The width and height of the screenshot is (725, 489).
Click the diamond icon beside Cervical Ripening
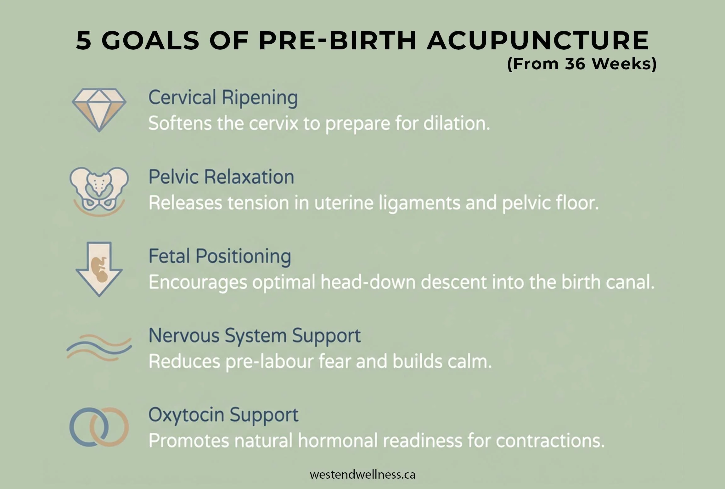[99, 109]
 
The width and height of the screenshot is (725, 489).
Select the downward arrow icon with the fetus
[99, 269]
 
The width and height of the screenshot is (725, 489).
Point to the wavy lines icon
[99, 347]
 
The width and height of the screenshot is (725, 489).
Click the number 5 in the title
[84, 41]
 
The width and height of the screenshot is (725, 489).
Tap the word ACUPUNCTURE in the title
[537, 41]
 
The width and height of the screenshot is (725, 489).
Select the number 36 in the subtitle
[575, 64]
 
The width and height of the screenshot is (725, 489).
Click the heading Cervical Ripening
[223, 97]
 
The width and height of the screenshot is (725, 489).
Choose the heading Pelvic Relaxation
[221, 177]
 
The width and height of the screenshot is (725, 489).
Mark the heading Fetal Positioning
[220, 256]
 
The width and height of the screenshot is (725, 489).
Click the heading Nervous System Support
[254, 336]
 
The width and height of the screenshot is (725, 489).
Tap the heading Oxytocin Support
[223, 415]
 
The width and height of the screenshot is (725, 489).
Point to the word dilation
[456, 123]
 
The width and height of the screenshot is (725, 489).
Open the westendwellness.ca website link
[362, 475]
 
